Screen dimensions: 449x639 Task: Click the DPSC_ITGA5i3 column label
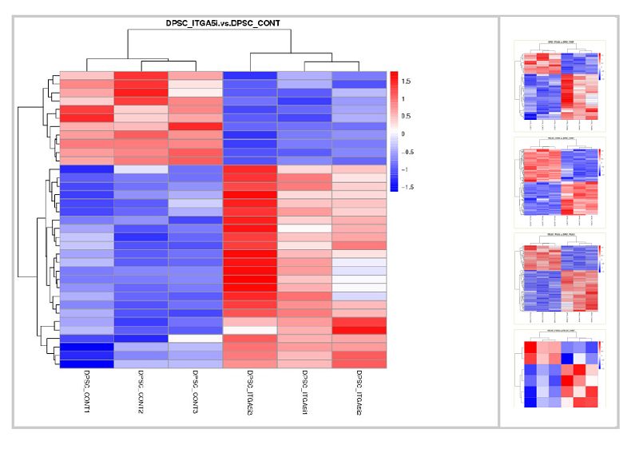(249, 393)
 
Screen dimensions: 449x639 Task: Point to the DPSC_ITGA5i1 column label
(304, 393)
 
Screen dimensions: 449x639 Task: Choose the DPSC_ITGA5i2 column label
(359, 393)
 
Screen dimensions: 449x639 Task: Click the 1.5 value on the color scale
(407, 81)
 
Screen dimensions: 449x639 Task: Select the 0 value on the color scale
(403, 133)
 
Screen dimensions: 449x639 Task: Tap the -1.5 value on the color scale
(407, 186)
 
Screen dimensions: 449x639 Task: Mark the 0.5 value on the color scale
(407, 116)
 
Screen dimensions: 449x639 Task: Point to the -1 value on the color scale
(405, 169)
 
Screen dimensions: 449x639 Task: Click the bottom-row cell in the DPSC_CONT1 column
(86, 364)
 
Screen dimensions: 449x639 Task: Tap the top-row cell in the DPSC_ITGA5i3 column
(249, 76)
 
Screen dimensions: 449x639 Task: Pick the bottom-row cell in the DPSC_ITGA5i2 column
(359, 364)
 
